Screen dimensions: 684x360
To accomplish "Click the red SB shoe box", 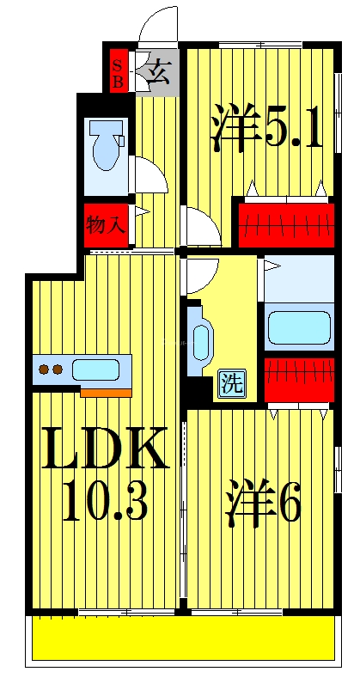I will click(118, 70).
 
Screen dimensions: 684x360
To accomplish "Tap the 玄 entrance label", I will click(158, 71).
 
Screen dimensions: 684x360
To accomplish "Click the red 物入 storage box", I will click(106, 226).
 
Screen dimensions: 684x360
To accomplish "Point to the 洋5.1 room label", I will click(265, 130).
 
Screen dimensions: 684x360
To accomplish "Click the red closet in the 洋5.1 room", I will click(285, 225).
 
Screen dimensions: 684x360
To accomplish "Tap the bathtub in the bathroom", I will click(298, 327).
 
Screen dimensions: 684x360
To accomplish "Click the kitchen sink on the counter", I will click(97, 370).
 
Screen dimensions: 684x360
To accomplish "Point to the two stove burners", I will click(50, 370).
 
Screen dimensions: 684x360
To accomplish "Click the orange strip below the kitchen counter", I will click(107, 392).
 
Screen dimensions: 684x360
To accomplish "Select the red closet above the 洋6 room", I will click(297, 379).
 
